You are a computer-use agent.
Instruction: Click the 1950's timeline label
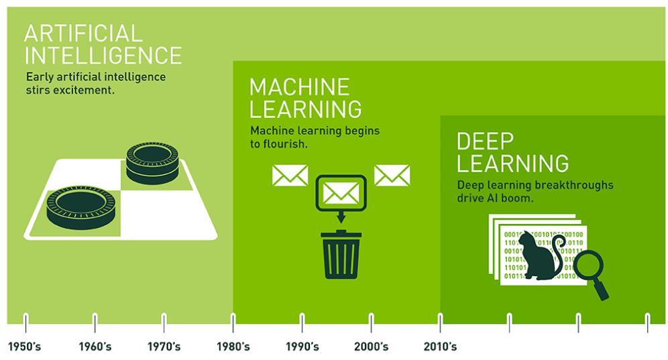point(25,347)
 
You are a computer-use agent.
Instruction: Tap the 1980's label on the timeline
point(233,347)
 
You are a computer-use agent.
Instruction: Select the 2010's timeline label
point(440,347)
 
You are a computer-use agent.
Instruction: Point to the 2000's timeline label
point(371,347)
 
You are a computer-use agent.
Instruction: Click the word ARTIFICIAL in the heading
point(83,34)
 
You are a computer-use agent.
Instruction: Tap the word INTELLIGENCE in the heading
point(103,56)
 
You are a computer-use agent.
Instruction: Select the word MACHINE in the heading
point(300,87)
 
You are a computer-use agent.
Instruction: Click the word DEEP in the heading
point(485,141)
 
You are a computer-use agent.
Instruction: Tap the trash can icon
point(341,254)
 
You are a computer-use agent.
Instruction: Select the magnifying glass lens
point(588,265)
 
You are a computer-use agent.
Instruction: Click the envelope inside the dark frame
point(341,193)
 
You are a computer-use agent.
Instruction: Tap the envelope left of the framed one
point(290,176)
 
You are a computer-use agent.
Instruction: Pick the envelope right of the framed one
point(392,176)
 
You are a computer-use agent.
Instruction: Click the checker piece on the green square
point(80,207)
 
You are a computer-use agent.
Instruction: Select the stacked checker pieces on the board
point(152,163)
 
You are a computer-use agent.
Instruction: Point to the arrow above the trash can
point(341,217)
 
